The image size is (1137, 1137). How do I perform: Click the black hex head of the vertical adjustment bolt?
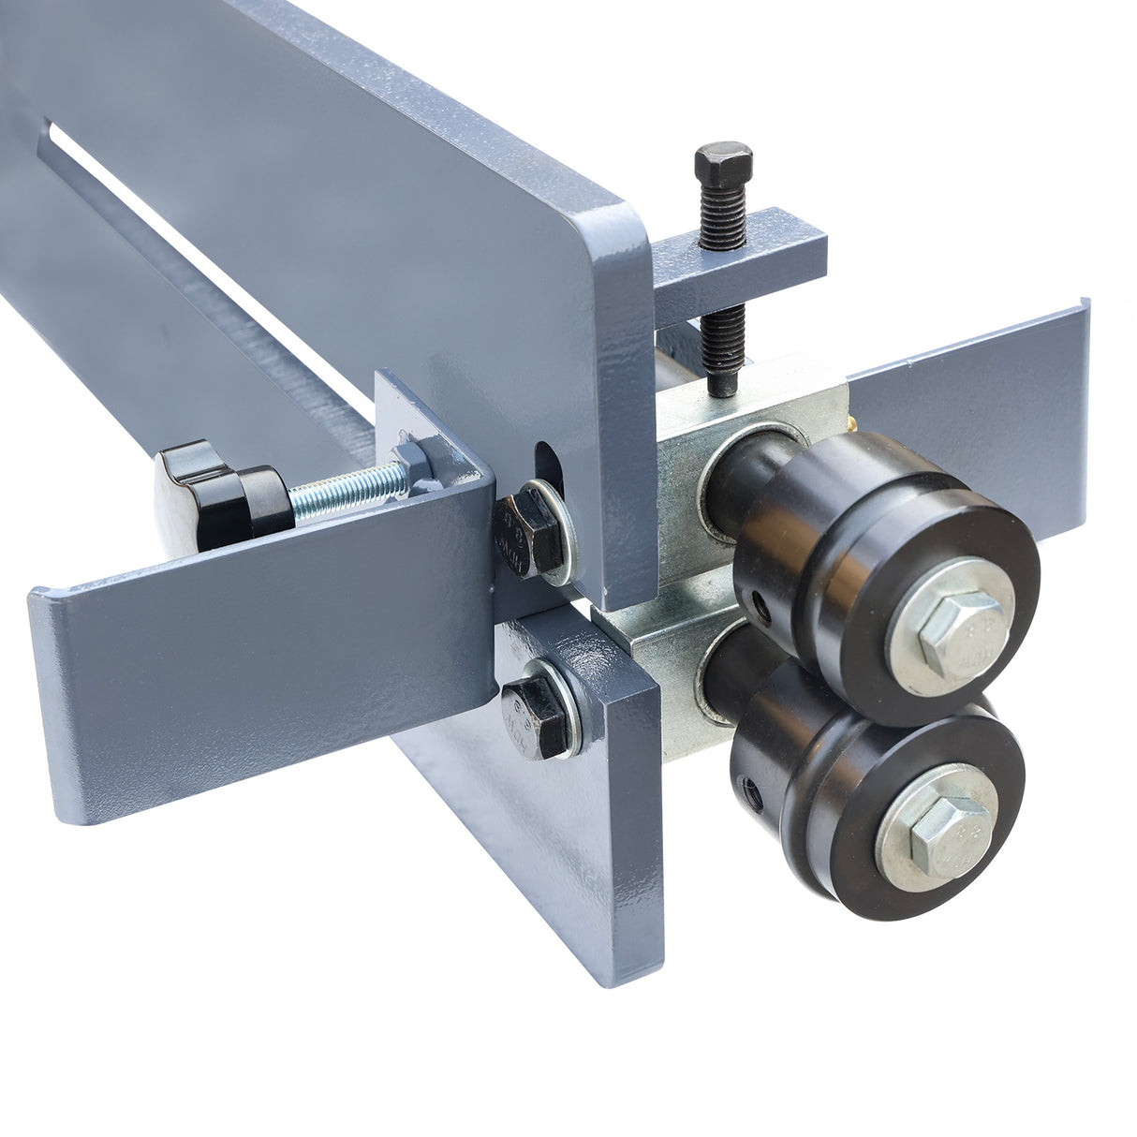click(x=724, y=164)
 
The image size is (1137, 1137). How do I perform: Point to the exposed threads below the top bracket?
click(x=723, y=346)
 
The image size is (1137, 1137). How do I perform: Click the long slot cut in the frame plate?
click(x=187, y=234)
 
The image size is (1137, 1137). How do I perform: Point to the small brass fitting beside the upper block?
click(x=854, y=426)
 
